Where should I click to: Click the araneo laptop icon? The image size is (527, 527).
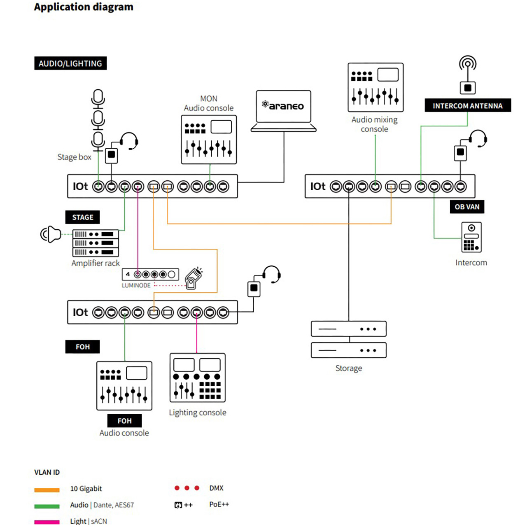pos(283,111)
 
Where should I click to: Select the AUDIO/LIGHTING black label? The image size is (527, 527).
pos(70,63)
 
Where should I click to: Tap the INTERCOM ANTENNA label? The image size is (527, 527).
pos(468,105)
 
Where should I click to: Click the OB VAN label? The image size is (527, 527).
pos(467,207)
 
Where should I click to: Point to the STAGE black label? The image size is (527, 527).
pos(82,217)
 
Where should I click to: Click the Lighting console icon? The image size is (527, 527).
pos(198,378)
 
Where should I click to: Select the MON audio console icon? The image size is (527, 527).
pos(209,140)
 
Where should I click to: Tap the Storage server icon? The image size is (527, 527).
pos(349,339)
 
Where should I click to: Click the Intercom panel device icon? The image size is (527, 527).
pos(471,237)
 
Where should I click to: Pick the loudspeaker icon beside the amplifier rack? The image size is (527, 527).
pos(51,234)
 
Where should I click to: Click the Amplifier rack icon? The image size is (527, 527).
pos(96,243)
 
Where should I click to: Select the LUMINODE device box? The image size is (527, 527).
pos(150,274)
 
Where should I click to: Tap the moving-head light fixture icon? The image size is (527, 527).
pos(194,278)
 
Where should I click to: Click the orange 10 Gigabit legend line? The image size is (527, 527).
pos(47,490)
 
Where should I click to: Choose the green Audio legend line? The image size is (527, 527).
pos(47,506)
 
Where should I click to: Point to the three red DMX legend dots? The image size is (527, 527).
pos(187,488)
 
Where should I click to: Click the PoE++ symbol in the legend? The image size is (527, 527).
pos(183,505)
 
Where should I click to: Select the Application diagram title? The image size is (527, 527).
pos(84,7)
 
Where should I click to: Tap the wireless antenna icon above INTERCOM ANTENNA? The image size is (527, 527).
pos(468,75)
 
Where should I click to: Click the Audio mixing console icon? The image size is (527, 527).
pos(375,87)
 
